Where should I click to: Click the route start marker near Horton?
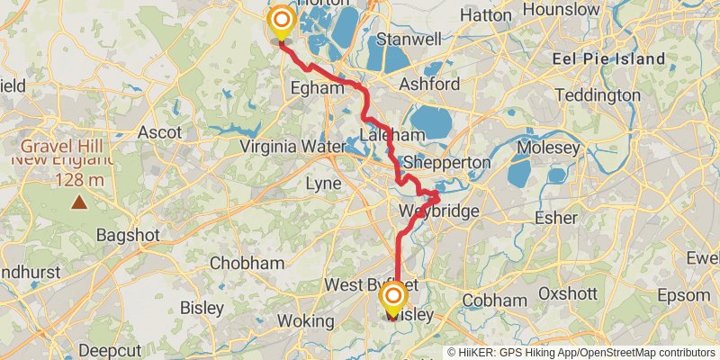[x=282, y=20]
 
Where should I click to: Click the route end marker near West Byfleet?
[x=393, y=295]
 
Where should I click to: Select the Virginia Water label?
[x=292, y=147]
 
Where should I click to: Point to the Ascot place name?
[x=159, y=132]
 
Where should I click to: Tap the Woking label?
[x=305, y=321]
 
